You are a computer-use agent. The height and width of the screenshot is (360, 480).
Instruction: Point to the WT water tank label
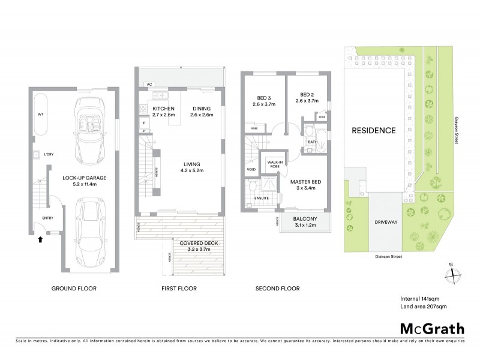coord(40,113)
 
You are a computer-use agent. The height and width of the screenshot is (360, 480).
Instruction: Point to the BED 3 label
coord(263,100)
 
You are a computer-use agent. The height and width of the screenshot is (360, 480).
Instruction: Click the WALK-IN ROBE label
coord(275,164)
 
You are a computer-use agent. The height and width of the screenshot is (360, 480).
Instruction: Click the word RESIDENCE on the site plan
coord(374,130)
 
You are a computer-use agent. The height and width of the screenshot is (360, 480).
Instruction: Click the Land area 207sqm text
coord(424,307)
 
